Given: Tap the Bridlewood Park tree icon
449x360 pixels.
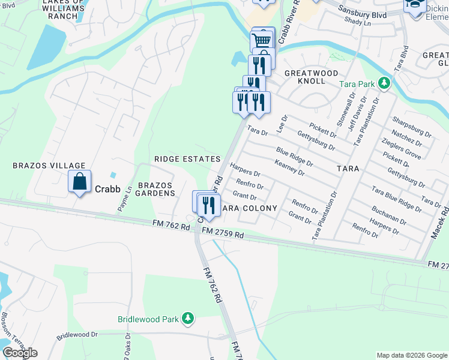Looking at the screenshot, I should point(188,317).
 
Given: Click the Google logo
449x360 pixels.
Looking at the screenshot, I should point(20,353).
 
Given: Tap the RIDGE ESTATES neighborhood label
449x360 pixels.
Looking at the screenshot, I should point(187,159).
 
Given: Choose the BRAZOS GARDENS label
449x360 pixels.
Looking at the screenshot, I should point(156,189).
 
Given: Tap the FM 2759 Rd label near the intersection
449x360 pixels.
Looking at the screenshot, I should point(223,235).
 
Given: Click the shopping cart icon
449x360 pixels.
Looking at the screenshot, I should point(262,40).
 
